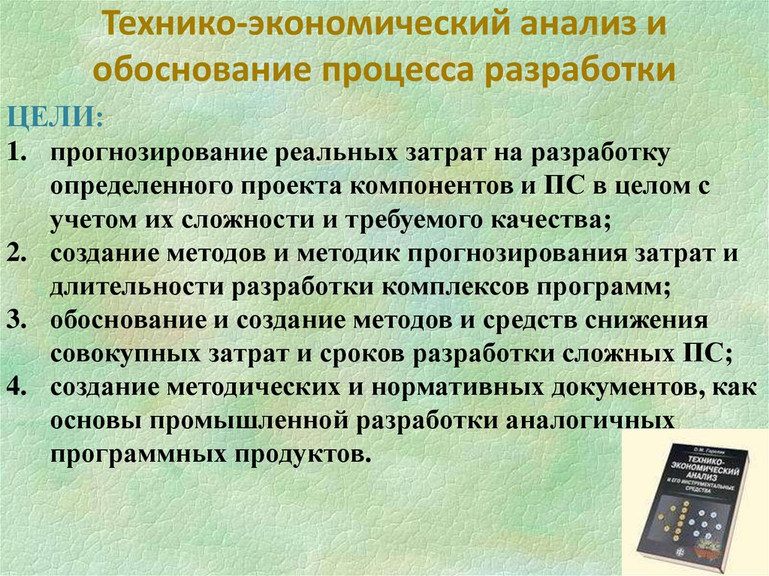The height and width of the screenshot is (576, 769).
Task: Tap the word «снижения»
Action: [646, 320]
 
